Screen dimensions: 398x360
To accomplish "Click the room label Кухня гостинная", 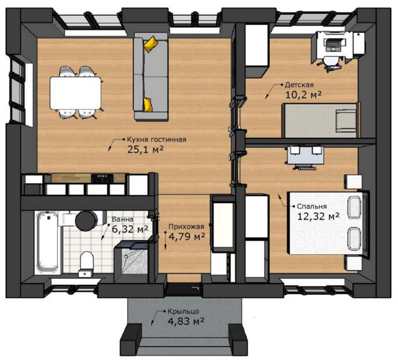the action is (157, 140).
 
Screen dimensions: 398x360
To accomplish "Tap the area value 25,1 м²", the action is (145, 149).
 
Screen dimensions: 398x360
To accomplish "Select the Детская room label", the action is (299, 85).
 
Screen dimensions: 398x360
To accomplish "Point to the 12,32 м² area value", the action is (318, 216).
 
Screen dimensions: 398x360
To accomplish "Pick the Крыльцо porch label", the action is (183, 311).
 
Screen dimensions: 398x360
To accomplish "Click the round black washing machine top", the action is (86, 220).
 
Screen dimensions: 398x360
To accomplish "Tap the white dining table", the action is (76, 93).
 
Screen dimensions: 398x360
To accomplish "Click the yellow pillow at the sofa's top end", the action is (151, 44).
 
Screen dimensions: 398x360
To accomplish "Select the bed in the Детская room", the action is (321, 120).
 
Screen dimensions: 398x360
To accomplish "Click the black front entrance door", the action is (184, 289).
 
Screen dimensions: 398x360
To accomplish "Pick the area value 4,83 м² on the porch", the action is (186, 321).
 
